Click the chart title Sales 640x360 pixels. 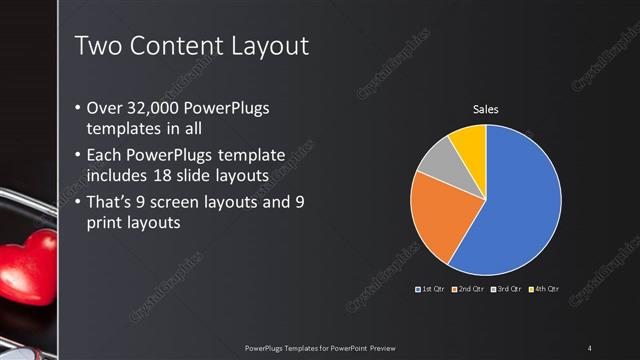pyautogui.click(x=485, y=109)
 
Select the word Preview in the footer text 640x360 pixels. pyautogui.click(x=382, y=348)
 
